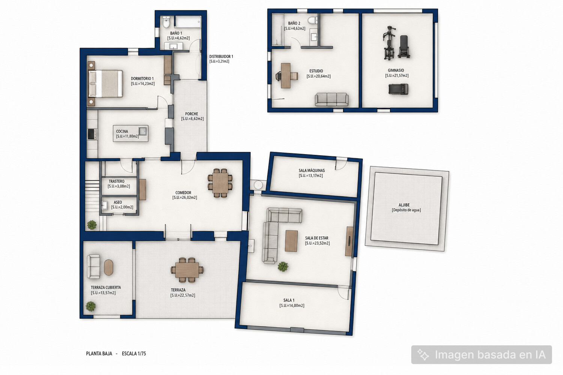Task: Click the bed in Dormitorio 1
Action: coord(105,84)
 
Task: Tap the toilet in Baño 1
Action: coord(166,22)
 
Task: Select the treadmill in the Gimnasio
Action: coord(398,89)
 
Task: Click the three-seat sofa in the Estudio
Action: coord(331,99)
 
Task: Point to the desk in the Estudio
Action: coord(286,76)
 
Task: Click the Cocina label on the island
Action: coord(122,131)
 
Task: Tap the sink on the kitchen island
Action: coord(143,131)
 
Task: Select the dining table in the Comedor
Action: coord(220,183)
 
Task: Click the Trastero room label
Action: coord(116,181)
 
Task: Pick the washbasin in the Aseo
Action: coord(104,205)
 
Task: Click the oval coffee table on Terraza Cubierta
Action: coord(108,267)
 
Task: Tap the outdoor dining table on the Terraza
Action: coord(187,270)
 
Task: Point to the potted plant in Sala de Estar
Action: coord(283,267)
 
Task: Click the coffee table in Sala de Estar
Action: coord(291,241)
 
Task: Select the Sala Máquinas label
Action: coord(312,171)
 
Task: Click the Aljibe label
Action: coord(404,205)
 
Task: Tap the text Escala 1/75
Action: coord(134,354)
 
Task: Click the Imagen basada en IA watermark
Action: coord(482,355)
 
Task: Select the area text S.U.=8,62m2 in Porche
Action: coord(192,119)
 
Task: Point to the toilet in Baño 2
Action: coord(312,20)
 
